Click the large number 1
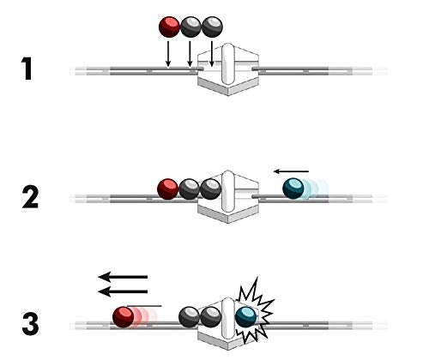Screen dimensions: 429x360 [x=27, y=69]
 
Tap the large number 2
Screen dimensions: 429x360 [x=30, y=197]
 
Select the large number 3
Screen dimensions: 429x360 [x=30, y=324]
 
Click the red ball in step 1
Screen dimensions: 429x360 [x=169, y=27]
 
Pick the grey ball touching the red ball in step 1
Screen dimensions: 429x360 [x=190, y=27]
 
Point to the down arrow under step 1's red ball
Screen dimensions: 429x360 [x=168, y=54]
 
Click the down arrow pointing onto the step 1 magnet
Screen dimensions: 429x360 [x=212, y=54]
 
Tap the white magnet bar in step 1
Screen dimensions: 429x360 [x=228, y=63]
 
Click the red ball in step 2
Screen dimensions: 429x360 [x=168, y=189]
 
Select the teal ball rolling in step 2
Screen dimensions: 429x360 [x=293, y=189]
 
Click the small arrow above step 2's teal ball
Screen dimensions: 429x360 [x=291, y=171]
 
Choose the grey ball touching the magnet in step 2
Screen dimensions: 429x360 [x=211, y=189]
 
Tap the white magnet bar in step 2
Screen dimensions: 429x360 [x=228, y=191]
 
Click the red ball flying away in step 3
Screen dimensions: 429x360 [x=124, y=317]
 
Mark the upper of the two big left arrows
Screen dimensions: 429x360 [x=123, y=277]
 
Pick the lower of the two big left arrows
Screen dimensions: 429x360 [x=123, y=291]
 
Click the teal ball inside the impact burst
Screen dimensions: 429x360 [x=246, y=317]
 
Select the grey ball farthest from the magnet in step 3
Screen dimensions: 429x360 [x=189, y=317]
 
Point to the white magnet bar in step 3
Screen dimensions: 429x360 [x=228, y=318]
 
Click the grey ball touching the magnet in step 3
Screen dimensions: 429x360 [x=211, y=317]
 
